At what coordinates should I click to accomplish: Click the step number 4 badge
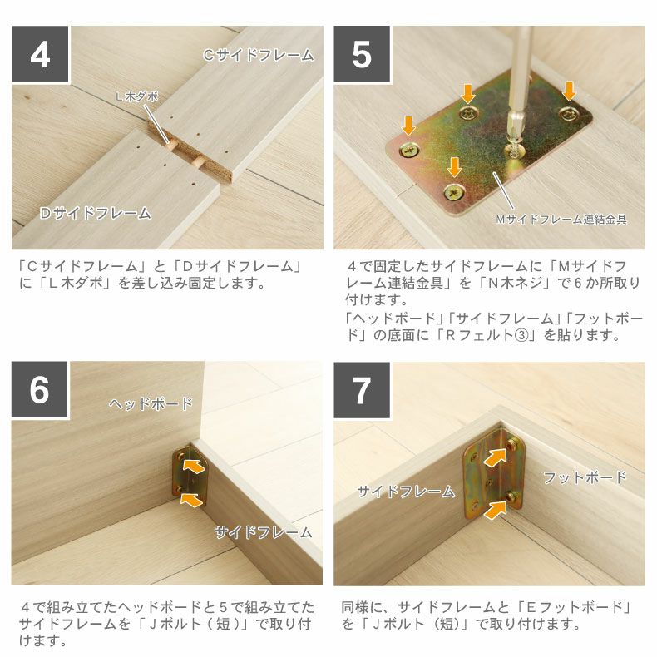(40, 54)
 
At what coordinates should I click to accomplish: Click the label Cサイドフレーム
(259, 56)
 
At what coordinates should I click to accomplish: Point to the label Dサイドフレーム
(96, 214)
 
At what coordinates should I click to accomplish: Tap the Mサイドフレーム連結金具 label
(561, 220)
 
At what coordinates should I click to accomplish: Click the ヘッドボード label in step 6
(151, 404)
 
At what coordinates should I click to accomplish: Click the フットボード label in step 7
(585, 477)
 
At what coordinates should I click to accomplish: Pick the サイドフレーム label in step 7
(406, 492)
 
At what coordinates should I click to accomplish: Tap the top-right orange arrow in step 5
(569, 90)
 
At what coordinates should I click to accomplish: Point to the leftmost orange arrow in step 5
(408, 126)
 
